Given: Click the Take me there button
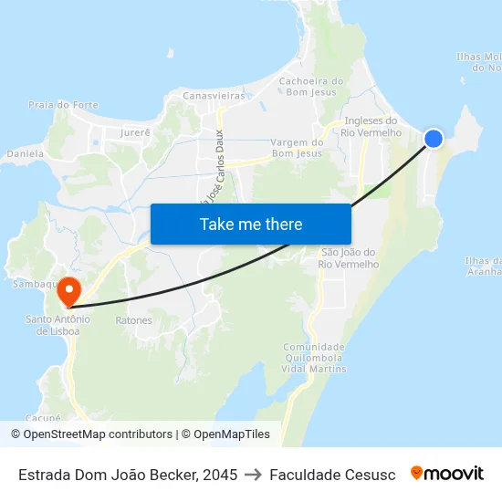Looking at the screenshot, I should coord(251,224).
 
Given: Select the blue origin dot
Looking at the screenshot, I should coord(434,138).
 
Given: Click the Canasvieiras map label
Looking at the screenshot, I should coord(214,95).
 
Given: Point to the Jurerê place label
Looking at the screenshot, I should coord(136,132).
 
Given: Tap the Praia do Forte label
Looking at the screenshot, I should coord(63,105).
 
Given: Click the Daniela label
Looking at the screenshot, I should coord(25,154).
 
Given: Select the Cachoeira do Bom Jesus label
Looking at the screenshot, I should coord(312,86).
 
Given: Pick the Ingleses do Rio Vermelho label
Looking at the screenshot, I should coord(371,126).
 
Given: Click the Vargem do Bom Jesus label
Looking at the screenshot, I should coord(298,148).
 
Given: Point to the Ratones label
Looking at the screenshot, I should coord(133,320).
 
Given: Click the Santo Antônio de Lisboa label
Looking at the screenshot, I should coord(58,325).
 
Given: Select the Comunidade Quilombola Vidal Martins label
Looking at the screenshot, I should coord(315,358).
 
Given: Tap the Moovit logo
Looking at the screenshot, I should coord(447,474).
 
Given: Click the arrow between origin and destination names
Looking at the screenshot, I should coord(254,475).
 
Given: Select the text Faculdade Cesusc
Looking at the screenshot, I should coord(332,475).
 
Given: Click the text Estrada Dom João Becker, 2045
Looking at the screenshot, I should coord(128,475).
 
